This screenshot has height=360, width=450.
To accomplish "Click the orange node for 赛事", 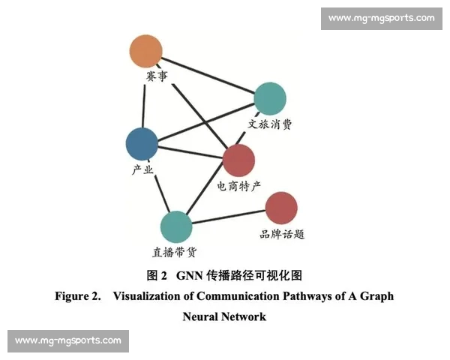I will pyautogui.click(x=145, y=51).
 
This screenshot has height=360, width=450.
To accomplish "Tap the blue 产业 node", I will pyautogui.click(x=142, y=143).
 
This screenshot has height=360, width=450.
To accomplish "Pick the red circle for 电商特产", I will pyautogui.click(x=239, y=160).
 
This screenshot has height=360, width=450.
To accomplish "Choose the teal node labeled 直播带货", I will pyautogui.click(x=176, y=226).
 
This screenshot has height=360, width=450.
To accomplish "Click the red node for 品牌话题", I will pyautogui.click(x=281, y=208).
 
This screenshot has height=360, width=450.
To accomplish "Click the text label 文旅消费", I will pyautogui.click(x=270, y=124).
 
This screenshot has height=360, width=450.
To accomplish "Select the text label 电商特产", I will pyautogui.click(x=239, y=185).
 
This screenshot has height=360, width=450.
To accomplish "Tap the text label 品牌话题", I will pyautogui.click(x=281, y=234).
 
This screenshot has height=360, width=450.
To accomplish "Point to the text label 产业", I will pyautogui.click(x=142, y=169).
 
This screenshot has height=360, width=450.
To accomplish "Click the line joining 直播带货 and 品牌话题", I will pyautogui.click(x=229, y=217).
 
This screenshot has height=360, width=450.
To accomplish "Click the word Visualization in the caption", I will pyautogui.click(x=149, y=296).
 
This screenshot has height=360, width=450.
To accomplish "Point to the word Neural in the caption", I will pyautogui.click(x=200, y=316).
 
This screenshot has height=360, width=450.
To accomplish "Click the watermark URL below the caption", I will pyautogui.click(x=68, y=340).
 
